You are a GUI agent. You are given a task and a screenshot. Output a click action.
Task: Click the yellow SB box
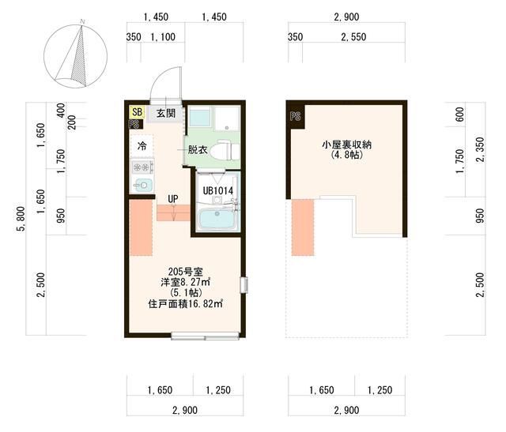[x=137, y=112]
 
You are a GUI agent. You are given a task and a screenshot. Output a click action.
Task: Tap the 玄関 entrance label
[x=166, y=113]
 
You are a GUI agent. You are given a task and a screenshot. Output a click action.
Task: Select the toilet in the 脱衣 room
[x=224, y=149]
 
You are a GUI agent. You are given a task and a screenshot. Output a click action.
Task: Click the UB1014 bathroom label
[x=218, y=190]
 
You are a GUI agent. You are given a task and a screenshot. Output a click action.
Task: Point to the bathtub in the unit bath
[x=218, y=219]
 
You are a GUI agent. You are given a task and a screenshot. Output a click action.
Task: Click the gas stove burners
[x=142, y=167]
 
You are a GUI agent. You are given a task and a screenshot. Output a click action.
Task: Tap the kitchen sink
[x=142, y=185]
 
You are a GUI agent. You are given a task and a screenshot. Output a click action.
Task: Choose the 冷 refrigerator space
[x=142, y=146]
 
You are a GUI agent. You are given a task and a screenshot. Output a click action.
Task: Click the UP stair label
[x=173, y=199]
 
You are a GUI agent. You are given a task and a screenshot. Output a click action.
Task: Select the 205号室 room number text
[x=185, y=272]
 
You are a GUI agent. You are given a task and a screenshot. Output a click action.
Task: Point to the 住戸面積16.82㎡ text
[x=185, y=304]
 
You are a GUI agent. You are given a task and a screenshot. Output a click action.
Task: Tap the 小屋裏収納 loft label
[x=346, y=145]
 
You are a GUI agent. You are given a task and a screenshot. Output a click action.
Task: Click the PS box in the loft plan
[x=295, y=116]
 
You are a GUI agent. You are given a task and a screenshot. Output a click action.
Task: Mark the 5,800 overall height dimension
[x=21, y=219]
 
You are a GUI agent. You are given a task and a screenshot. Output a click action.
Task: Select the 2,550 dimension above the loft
[x=353, y=37]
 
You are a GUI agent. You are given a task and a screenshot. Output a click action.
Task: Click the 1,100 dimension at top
[x=163, y=37]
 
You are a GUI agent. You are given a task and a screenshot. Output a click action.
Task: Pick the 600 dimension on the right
[x=460, y=115]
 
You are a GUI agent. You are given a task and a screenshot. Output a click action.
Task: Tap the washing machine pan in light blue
[x=200, y=118]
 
